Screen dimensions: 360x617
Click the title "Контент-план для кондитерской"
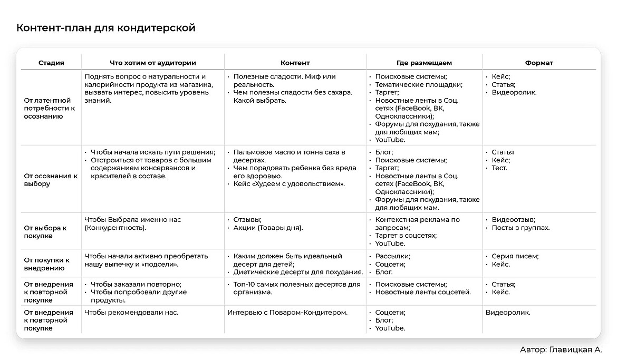coord(106,27)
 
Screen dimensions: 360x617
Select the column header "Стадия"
coord(51,63)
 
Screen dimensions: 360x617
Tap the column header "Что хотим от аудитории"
coord(153,63)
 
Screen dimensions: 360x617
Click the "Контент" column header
coord(295,63)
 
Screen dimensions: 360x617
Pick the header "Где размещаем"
coord(424,63)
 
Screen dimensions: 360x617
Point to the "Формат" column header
coord(539,63)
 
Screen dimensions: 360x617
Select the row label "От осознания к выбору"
coord(51,180)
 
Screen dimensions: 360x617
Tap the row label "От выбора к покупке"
coord(45,232)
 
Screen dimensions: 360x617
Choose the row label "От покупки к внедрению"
coord(47,264)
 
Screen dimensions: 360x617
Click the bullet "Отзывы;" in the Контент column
coord(247,220)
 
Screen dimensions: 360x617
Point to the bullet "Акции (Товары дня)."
coord(268,228)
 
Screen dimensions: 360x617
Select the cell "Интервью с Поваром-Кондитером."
coord(287,313)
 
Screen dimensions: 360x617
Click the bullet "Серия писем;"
coord(515,256)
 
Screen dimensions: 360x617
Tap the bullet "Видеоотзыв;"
coord(513,220)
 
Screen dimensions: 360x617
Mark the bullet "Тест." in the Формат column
coord(499,168)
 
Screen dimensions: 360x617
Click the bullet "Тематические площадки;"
coord(419,84)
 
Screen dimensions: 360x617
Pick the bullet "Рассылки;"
coord(392,256)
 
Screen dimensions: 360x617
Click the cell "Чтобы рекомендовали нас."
coord(131,313)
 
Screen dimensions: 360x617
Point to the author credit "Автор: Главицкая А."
coord(561,349)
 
